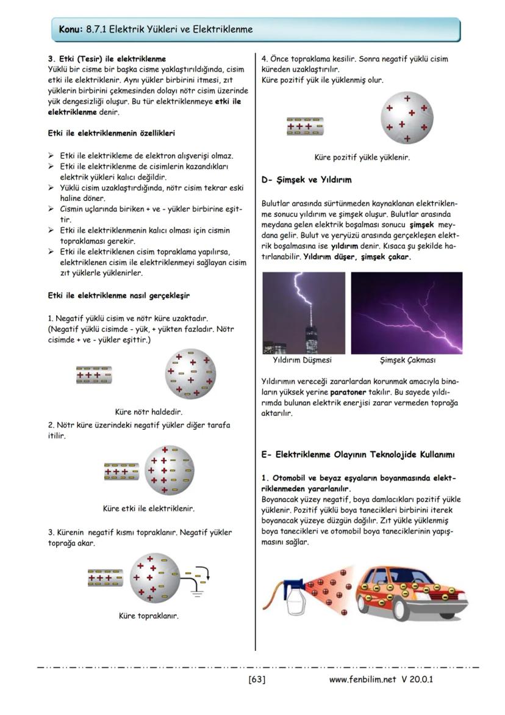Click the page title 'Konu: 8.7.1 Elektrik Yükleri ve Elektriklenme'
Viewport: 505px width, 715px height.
[156, 29]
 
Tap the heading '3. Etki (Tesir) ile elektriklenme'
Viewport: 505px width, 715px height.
[107, 59]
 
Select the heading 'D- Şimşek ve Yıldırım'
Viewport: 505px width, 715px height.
[306, 180]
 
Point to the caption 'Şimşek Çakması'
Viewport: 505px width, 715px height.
[407, 360]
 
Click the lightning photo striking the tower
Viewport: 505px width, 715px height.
[303, 313]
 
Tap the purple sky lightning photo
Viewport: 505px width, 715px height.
[406, 313]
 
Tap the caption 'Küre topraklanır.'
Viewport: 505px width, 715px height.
[149, 615]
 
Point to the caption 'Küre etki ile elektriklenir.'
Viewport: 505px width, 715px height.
[149, 508]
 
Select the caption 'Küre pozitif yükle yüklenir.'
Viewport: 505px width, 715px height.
[362, 157]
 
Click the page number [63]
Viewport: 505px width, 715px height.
[256, 679]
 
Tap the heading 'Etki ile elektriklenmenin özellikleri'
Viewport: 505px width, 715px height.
[113, 132]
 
